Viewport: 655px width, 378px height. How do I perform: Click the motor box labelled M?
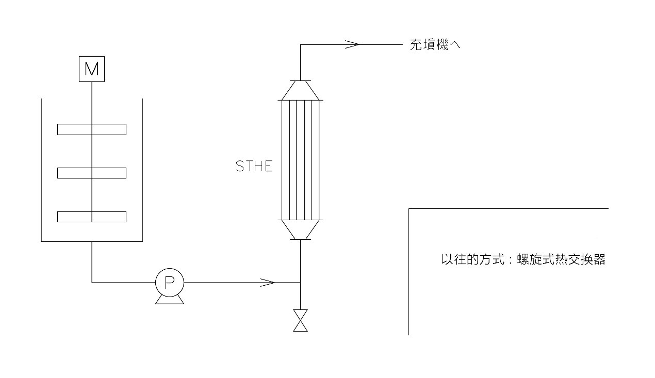(91, 69)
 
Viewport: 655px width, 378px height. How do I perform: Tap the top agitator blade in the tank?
(91, 129)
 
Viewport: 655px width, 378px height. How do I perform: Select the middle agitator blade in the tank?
(91, 173)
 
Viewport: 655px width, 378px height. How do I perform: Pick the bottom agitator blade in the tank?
(91, 217)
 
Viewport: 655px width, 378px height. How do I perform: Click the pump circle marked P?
(170, 282)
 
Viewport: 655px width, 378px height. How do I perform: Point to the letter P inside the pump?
(170, 282)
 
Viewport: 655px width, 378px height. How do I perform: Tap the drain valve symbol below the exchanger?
(300, 320)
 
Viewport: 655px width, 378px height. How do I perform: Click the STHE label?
(254, 167)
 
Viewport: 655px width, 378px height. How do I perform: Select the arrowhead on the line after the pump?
(268, 282)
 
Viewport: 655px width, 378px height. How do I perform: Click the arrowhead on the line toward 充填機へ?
(352, 44)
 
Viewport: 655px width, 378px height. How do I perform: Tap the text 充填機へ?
(435, 45)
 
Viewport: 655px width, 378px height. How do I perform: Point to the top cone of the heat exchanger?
(300, 90)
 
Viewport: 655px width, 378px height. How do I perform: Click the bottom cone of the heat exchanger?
(300, 229)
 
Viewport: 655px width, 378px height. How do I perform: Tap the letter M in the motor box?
(91, 69)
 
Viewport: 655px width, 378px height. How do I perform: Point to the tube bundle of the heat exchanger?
(300, 160)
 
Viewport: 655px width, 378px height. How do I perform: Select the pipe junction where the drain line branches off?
(300, 282)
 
